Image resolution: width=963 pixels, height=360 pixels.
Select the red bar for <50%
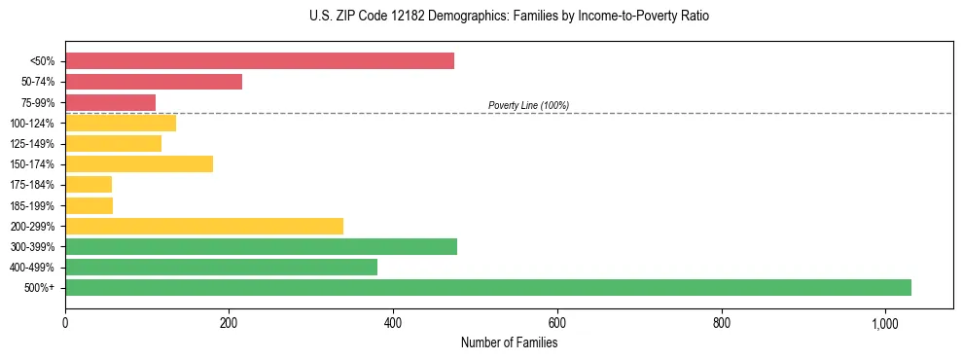point(260,61)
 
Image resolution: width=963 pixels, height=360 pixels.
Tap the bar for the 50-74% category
point(154,82)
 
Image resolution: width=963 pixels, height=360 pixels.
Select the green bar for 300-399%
point(261,246)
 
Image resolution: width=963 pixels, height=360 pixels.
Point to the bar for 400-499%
point(221,267)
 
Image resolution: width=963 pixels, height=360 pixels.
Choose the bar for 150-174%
point(139,163)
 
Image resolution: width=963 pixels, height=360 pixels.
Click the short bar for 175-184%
point(89,184)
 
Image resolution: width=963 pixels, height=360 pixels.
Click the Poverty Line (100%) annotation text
point(528,105)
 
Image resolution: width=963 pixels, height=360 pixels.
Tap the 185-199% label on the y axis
point(32,205)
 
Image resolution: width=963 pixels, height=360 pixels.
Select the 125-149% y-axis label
point(32,144)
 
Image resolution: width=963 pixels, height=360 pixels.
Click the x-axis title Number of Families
point(509,342)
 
